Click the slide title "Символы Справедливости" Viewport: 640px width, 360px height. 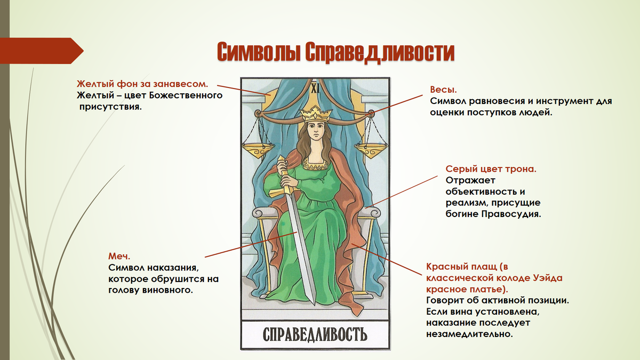336,53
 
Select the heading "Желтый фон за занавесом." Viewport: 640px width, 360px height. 142,84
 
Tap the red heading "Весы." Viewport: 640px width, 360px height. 443,89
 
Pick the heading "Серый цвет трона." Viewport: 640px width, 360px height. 491,169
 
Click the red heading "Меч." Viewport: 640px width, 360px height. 119,256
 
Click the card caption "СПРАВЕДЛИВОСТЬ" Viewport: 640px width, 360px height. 315,334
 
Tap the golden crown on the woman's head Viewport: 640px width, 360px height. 315,113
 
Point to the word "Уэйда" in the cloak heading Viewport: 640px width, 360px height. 547,277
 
